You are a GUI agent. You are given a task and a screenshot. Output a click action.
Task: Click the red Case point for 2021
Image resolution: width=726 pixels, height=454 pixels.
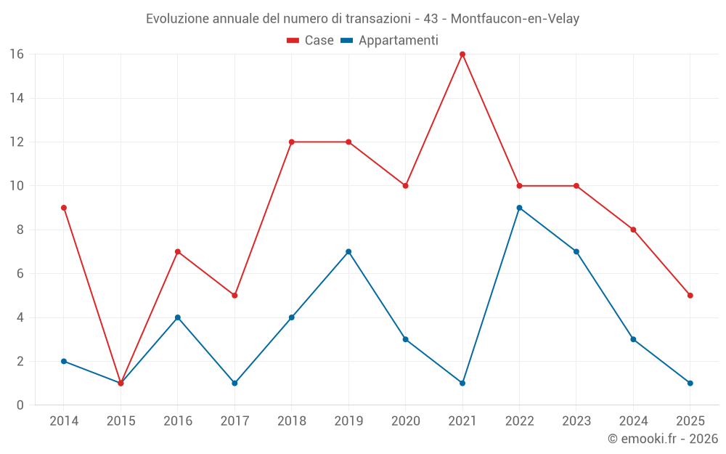click(x=462, y=54)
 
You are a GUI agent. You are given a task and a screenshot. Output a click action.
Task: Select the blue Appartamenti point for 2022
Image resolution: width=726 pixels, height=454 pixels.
click(x=519, y=208)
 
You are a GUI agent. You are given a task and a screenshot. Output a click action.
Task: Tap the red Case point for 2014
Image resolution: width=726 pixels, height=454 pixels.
click(x=64, y=208)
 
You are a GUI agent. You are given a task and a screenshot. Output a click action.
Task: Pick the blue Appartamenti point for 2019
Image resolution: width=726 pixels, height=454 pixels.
click(x=348, y=251)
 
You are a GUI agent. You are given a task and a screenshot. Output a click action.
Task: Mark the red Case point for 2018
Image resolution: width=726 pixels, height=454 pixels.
click(x=292, y=142)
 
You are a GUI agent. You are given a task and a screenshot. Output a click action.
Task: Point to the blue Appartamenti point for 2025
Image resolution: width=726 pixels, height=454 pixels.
click(x=690, y=383)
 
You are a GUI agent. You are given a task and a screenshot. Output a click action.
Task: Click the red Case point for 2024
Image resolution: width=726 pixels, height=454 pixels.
click(x=633, y=230)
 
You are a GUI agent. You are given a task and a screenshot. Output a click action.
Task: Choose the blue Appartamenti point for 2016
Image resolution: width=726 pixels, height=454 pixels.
click(x=178, y=317)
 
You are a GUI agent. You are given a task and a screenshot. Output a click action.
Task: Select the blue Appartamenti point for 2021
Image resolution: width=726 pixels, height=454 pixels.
click(x=462, y=383)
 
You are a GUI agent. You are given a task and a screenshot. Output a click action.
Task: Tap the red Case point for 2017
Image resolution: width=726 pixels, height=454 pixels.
click(x=234, y=296)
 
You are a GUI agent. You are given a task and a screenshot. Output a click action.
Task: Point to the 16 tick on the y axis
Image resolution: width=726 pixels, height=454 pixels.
click(x=17, y=54)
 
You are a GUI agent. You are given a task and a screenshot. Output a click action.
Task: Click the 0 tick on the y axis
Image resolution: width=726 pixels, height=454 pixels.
click(x=20, y=405)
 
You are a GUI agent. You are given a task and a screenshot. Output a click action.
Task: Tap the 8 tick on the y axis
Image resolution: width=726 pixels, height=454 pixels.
click(x=20, y=230)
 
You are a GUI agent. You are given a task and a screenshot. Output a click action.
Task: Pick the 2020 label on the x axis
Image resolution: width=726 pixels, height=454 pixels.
click(x=405, y=421)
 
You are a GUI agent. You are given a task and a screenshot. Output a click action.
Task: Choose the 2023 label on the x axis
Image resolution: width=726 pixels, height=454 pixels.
click(x=576, y=421)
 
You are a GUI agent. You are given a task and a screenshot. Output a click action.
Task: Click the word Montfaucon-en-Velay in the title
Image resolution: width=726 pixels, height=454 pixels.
click(x=515, y=19)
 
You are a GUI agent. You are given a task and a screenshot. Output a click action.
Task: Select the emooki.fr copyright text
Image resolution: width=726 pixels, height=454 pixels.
click(x=663, y=439)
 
